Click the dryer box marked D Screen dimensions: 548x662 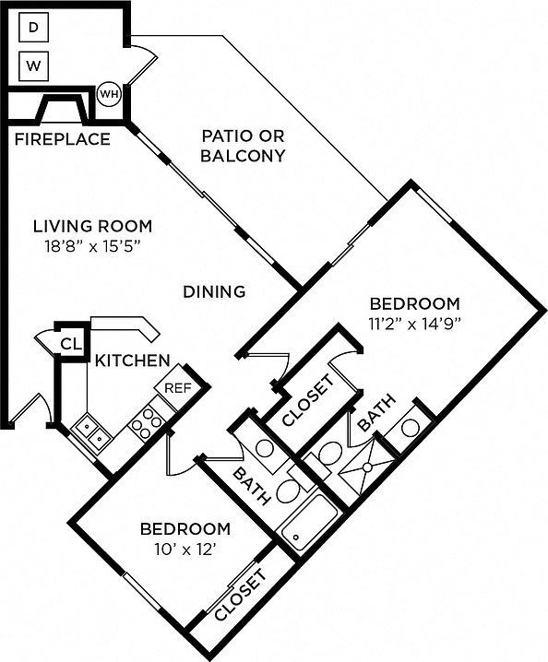[33, 28]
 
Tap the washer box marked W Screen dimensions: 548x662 [34, 66]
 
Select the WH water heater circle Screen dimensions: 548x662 [109, 94]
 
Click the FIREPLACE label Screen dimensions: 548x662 [63, 139]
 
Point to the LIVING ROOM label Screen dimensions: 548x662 [93, 226]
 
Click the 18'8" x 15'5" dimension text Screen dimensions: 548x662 [92, 246]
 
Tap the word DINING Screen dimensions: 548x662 [214, 291]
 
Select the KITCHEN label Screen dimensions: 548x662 [132, 361]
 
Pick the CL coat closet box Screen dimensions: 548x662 [71, 344]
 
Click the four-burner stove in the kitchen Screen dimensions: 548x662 [147, 423]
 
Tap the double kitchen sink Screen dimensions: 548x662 [92, 433]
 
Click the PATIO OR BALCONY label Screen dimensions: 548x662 [243, 146]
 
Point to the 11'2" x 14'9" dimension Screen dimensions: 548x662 [414, 324]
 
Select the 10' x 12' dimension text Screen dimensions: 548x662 [186, 550]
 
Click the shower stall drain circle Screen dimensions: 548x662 [367, 467]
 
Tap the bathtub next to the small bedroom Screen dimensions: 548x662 [309, 522]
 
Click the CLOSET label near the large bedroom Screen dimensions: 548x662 [308, 400]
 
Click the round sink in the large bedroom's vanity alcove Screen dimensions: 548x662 [411, 428]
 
